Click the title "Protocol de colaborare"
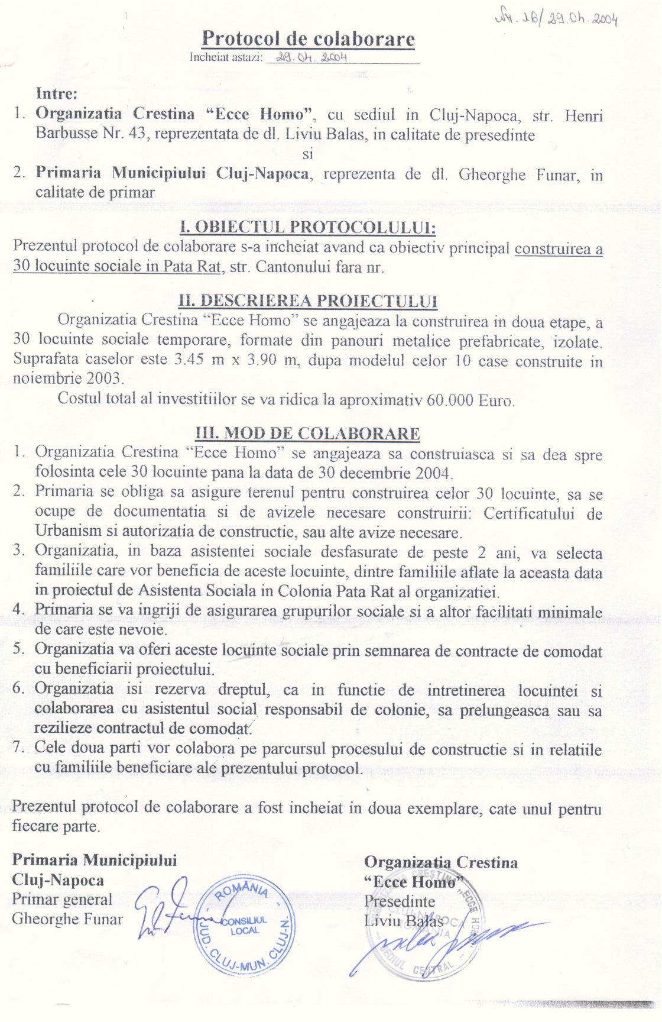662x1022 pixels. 308,39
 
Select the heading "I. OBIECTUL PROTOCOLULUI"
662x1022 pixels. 307,228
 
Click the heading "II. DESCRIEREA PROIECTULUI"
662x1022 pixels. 307,301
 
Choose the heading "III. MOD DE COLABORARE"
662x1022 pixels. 307,434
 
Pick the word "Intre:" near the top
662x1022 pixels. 57,93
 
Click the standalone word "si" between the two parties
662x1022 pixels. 307,154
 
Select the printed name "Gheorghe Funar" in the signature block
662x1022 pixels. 67,920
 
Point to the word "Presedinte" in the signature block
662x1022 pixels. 400,902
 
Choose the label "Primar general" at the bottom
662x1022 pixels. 62,900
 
